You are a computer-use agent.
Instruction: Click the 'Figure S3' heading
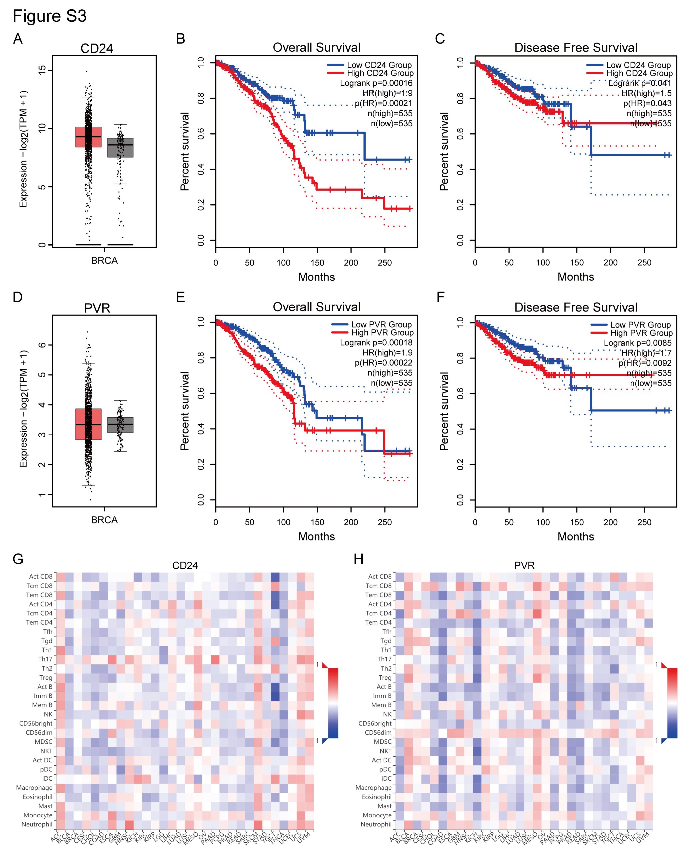pos(49,16)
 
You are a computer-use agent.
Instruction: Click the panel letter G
pos(18,559)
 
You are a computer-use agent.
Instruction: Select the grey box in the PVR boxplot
pos(120,425)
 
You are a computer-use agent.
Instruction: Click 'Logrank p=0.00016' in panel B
pos(376,83)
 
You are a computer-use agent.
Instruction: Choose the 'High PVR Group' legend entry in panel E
pos(382,333)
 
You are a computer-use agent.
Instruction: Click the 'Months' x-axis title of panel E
pos(317,536)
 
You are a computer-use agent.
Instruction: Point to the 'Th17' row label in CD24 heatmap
pos(45,659)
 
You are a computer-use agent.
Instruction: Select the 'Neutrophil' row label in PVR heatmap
pos(376,824)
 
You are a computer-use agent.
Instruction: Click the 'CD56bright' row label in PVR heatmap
pos(375,723)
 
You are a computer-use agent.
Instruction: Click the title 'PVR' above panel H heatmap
pos(524,565)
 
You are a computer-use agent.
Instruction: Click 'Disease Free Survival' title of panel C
pos(576,48)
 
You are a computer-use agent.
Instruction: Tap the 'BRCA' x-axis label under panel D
pos(104,520)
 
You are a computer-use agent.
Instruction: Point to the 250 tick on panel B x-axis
pos(385,263)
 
